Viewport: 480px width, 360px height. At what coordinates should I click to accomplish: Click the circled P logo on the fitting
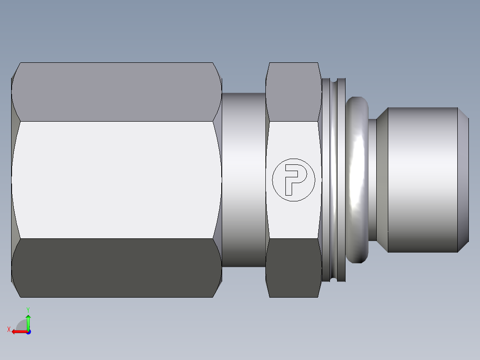[x=293, y=180]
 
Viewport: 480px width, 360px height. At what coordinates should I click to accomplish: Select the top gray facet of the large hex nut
[x=116, y=92]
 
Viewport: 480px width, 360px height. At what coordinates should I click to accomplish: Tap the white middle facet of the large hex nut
[x=116, y=180]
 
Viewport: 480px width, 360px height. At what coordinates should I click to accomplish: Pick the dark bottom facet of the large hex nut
[x=116, y=267]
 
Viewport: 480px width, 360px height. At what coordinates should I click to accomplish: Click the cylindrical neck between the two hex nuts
[x=244, y=180]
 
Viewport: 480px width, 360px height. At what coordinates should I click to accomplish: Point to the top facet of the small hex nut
[x=293, y=91]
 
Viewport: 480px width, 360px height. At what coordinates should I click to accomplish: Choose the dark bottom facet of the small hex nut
[x=293, y=267]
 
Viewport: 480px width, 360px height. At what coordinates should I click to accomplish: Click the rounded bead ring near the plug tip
[x=356, y=180]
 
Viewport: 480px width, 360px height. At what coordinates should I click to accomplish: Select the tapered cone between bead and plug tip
[x=382, y=180]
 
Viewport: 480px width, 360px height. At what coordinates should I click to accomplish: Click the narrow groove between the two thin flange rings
[x=334, y=180]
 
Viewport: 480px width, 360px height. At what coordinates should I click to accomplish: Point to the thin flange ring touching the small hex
[x=326, y=180]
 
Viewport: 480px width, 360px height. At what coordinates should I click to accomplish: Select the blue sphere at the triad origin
[x=28, y=331]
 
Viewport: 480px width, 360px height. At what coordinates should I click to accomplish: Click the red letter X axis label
[x=9, y=329]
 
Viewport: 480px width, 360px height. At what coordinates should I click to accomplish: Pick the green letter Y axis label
[x=28, y=309]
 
